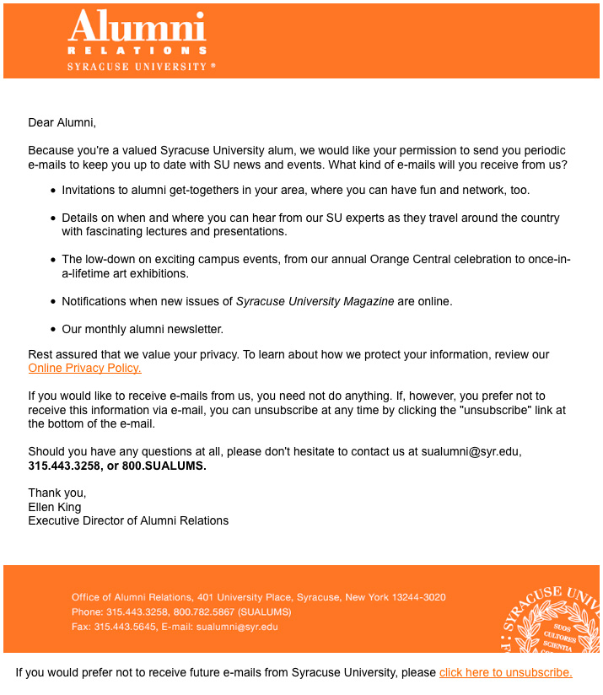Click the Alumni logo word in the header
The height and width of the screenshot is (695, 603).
click(x=137, y=28)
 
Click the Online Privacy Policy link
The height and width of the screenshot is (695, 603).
click(x=84, y=369)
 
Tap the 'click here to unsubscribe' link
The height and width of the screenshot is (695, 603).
click(x=505, y=673)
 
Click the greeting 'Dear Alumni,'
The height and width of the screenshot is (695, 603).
click(x=62, y=122)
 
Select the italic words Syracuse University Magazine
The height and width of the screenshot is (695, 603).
click(x=315, y=301)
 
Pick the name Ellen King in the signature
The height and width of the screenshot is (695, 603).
click(x=55, y=507)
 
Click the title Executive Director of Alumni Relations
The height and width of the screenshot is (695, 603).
click(x=128, y=520)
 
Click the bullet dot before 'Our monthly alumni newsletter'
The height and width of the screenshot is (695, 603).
click(x=53, y=329)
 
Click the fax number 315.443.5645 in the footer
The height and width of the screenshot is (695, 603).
click(x=125, y=627)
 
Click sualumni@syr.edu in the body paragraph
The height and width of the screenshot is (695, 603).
click(x=470, y=451)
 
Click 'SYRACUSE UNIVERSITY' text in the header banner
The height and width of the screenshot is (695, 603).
click(x=137, y=67)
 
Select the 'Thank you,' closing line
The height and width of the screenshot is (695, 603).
click(x=57, y=493)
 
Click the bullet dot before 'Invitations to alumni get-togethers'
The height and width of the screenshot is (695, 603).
click(x=53, y=191)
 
